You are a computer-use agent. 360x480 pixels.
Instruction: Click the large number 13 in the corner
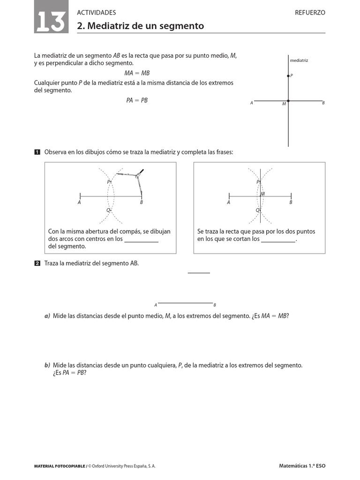click(x=50, y=21)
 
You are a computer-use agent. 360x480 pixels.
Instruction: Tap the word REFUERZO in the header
click(x=310, y=13)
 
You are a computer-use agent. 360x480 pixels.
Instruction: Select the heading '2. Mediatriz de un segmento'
click(x=141, y=26)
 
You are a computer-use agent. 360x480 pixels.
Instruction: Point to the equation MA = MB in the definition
click(x=137, y=73)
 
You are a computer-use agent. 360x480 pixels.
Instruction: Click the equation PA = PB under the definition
click(x=137, y=100)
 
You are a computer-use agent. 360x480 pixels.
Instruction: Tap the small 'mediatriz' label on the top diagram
click(x=299, y=60)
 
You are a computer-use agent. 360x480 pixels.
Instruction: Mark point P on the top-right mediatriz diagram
click(x=288, y=75)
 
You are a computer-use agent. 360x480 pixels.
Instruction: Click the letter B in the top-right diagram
click(x=323, y=103)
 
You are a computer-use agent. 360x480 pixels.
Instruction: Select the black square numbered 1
click(x=37, y=152)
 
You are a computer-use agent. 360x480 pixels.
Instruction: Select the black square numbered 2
click(x=37, y=263)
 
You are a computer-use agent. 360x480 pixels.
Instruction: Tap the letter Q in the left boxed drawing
click(x=108, y=210)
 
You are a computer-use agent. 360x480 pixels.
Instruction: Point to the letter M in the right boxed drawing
click(x=263, y=194)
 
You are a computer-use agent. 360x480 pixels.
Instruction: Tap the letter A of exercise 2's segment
click(x=156, y=305)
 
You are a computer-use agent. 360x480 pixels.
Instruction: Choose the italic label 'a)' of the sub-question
click(x=47, y=316)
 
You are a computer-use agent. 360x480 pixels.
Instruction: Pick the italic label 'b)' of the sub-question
click(x=47, y=365)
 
